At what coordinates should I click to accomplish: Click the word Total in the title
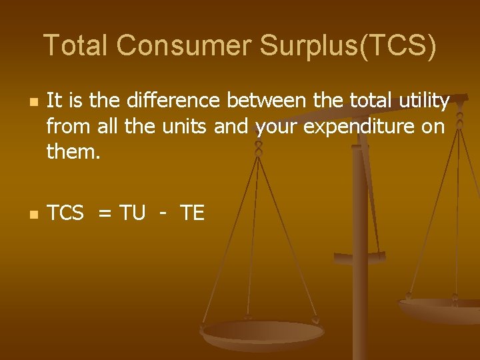pyautogui.click(x=76, y=45)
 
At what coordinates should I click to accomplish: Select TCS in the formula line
pyautogui.click(x=66, y=213)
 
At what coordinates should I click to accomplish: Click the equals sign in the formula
pyautogui.click(x=105, y=214)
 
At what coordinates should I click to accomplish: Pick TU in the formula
pyautogui.click(x=133, y=213)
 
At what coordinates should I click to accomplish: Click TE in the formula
pyautogui.click(x=193, y=213)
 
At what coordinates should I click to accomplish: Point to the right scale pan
pyautogui.click(x=440, y=309)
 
